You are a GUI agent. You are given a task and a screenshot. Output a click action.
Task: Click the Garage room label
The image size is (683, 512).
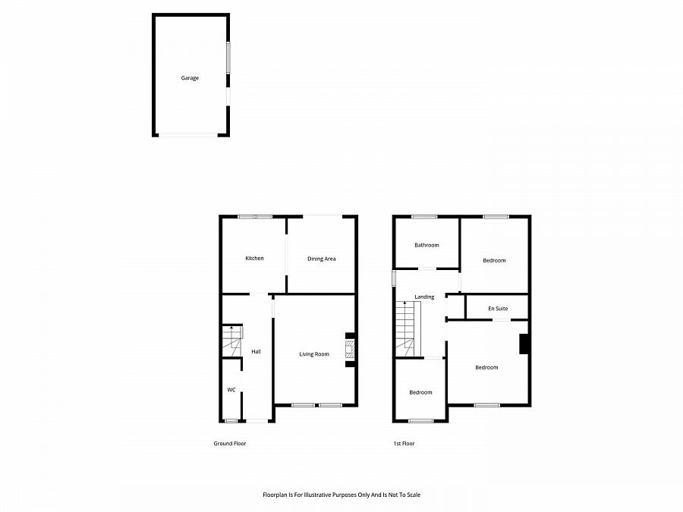point(190,78)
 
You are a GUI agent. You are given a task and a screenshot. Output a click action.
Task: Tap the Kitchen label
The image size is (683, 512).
point(254,259)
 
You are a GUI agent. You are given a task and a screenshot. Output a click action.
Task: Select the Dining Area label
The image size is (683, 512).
point(321,259)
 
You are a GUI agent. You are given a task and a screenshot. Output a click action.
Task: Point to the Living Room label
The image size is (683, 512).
point(314,354)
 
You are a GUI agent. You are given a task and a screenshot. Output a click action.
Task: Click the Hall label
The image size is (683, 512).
point(257,351)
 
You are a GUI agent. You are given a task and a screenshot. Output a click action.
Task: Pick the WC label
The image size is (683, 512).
point(231,390)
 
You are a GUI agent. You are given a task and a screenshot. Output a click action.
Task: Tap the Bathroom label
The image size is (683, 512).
point(426,245)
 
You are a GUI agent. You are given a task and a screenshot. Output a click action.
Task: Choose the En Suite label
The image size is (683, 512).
point(498,309)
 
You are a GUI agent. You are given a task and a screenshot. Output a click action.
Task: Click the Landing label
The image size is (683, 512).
point(424,297)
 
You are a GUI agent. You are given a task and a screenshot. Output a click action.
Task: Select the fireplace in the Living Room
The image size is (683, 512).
point(349,350)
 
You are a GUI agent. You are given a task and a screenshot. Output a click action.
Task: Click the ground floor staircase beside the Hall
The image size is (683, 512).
point(231,341)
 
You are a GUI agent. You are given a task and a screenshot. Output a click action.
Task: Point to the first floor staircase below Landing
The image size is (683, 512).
point(406,328)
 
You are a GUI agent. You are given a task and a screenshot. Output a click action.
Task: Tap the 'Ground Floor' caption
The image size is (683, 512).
point(230,444)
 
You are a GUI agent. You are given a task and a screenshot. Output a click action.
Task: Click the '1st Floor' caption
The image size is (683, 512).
point(404,444)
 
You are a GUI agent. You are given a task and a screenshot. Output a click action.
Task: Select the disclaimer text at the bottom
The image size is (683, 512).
point(341,495)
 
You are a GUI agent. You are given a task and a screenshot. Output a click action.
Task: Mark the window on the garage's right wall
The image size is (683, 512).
point(228,58)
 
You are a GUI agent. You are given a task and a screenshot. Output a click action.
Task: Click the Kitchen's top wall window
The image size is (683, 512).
point(254,217)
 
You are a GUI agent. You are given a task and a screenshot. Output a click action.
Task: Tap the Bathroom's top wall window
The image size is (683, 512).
point(424,217)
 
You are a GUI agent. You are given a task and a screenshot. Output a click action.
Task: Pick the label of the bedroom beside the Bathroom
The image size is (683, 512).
point(494,261)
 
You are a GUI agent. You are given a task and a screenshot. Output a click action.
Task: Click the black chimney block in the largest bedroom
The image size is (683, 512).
point(524,344)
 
